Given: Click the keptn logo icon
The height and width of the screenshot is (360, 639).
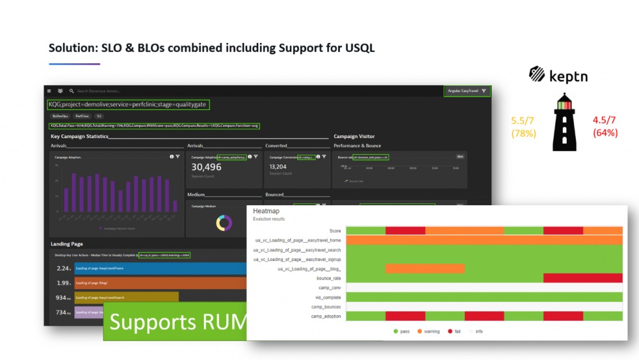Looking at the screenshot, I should tap(537, 75).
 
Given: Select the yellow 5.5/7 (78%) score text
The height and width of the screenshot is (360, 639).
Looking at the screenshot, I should tap(523, 127).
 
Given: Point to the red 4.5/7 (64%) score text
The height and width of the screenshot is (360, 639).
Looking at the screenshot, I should tap(604, 127).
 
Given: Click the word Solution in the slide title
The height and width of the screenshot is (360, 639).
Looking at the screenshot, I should tap(72, 49).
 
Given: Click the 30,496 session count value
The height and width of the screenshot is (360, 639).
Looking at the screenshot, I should tap(206, 167).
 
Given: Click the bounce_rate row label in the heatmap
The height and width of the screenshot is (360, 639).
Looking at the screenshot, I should tap(328, 278).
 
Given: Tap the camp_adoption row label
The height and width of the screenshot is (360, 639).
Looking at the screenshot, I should tap(326, 317).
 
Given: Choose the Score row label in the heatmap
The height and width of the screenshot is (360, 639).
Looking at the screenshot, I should tap(335, 230).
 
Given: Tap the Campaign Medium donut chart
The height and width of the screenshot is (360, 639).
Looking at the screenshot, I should tap(224, 223).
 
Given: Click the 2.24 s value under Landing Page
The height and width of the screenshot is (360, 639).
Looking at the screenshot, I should tap(63, 269).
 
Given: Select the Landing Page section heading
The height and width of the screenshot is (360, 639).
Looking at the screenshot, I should tap(66, 244).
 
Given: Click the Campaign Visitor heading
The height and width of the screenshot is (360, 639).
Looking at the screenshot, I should tap(354, 136).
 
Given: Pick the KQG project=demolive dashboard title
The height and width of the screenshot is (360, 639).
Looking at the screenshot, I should tap(128, 104).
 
